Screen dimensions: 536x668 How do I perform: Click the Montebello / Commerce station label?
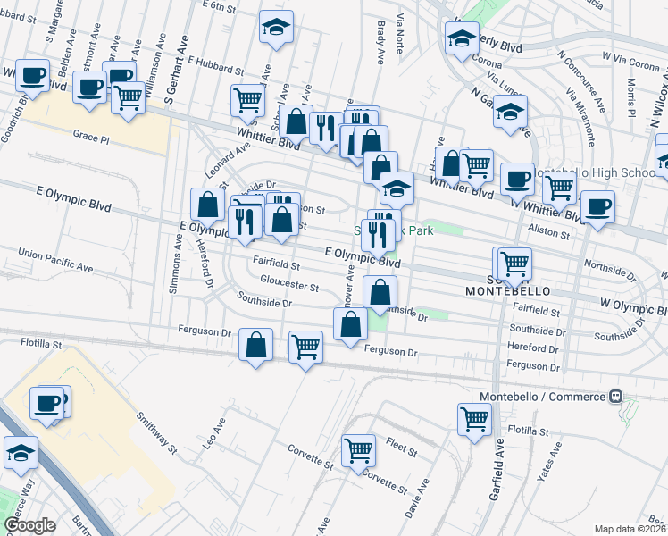pos(543,396)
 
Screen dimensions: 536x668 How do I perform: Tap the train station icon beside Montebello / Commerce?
pos(616,396)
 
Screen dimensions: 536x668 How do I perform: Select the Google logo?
pos(29,525)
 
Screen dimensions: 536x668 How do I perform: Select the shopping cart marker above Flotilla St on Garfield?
pos(474,417)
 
